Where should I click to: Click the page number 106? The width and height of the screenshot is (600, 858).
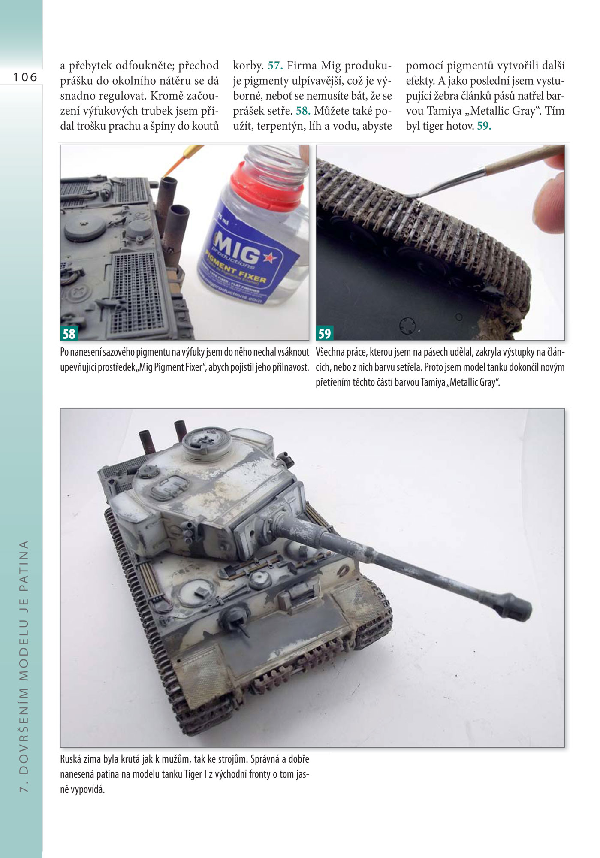pyautogui.click(x=25, y=77)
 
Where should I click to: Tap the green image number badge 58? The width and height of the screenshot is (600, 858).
pyautogui.click(x=69, y=333)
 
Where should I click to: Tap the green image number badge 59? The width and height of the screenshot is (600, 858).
pyautogui.click(x=325, y=333)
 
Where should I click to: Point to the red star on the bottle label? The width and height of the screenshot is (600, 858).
pyautogui.click(x=269, y=258)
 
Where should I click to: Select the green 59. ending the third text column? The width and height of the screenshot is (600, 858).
pyautogui.click(x=484, y=126)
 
